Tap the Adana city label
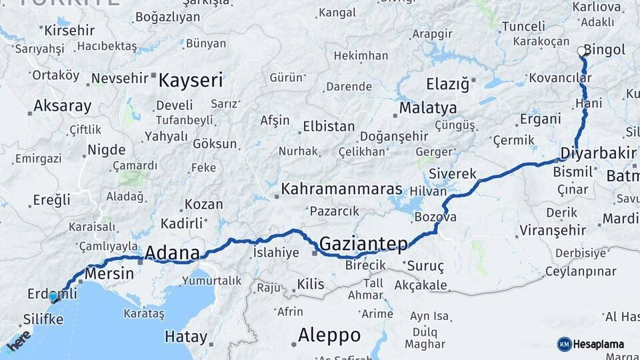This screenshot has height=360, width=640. (x=172, y=253)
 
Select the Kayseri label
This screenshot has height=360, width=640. (x=191, y=81)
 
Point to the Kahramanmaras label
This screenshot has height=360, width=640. (x=341, y=189)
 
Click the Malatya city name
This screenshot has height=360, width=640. (x=428, y=108)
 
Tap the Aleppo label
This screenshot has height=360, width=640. (x=329, y=335)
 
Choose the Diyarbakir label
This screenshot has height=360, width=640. (x=598, y=153)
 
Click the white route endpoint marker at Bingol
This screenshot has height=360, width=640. (x=581, y=51)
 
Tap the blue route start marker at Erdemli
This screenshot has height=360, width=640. (x=53, y=296)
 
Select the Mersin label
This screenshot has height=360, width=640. (x=106, y=273)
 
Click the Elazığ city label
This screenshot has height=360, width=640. (x=447, y=85)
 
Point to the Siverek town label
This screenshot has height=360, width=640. (x=453, y=174)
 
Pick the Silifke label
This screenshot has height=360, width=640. (x=43, y=319)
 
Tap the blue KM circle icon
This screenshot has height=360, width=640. (x=565, y=344)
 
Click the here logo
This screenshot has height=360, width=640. (x=18, y=341)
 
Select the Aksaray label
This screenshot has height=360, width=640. (x=62, y=106)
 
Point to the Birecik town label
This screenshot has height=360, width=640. (x=365, y=265)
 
